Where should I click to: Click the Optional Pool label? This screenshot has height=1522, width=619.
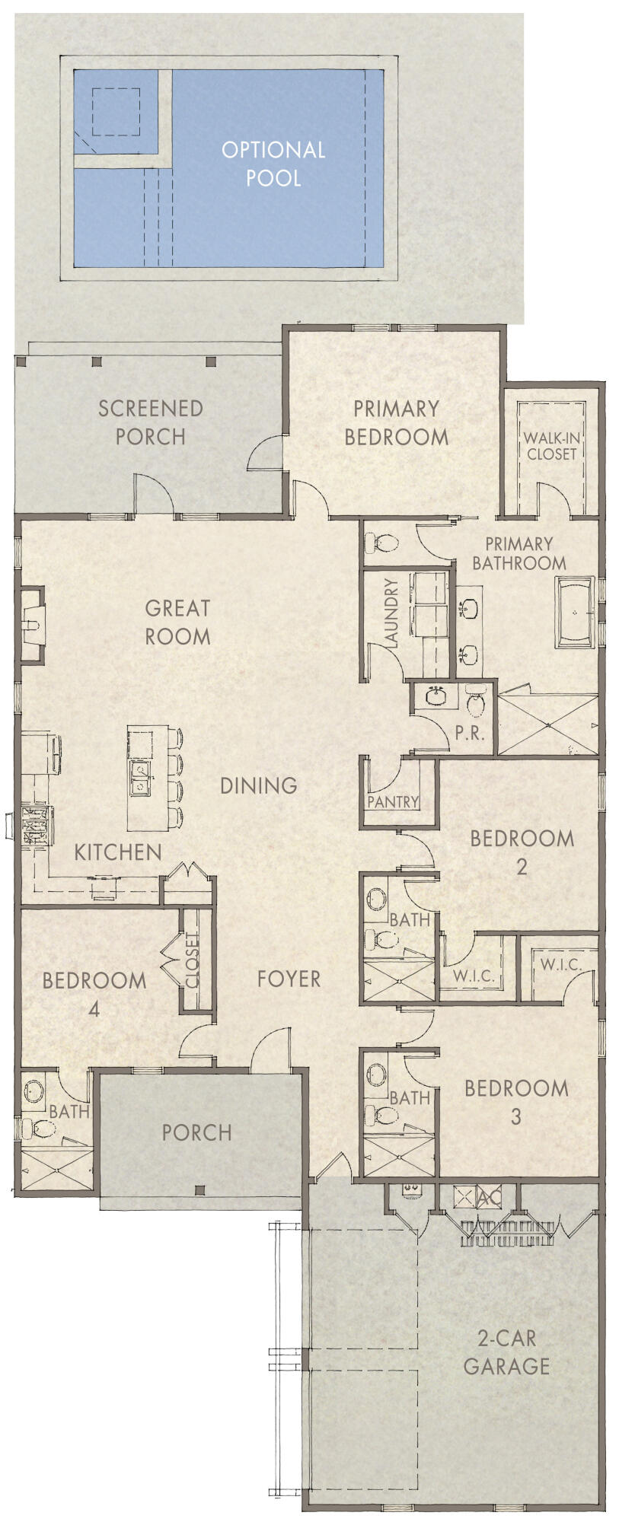point(273,164)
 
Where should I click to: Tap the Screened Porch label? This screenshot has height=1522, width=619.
point(151,422)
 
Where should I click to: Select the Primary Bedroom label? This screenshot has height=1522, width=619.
point(396,423)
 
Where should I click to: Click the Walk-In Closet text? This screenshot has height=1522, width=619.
point(551,446)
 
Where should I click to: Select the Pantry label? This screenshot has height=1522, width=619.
point(393,801)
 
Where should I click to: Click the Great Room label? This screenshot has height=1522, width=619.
point(177,622)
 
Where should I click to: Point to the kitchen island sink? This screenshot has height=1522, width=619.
point(141,777)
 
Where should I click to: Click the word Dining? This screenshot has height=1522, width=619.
point(259,785)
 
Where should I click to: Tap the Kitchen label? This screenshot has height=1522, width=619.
point(118,852)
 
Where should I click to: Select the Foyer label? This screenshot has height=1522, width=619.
point(289,979)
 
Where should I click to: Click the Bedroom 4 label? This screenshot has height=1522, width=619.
point(94,994)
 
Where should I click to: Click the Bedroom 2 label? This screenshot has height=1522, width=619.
point(522,852)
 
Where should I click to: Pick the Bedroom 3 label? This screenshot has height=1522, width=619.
point(516,1102)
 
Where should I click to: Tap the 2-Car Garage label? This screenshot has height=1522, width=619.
point(506,1352)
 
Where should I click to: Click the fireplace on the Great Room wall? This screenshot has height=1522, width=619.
point(31,624)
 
